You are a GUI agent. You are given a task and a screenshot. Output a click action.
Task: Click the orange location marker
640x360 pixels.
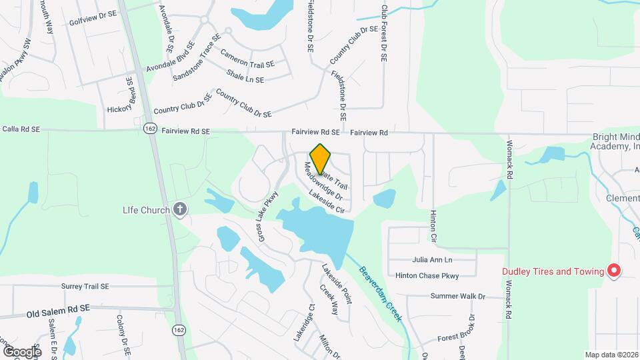(x=321, y=159)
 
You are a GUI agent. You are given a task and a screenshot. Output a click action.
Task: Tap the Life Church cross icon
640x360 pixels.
(x=179, y=210)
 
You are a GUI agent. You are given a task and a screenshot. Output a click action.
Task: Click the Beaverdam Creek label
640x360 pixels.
(x=381, y=294)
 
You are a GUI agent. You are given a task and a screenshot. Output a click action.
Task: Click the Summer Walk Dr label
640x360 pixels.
(x=457, y=296)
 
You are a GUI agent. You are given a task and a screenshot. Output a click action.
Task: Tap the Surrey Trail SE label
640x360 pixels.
(x=85, y=287)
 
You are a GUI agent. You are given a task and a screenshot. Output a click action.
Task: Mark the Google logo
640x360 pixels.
(x=22, y=351)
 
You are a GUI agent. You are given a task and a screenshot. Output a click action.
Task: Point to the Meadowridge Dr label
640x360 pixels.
(x=323, y=182)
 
